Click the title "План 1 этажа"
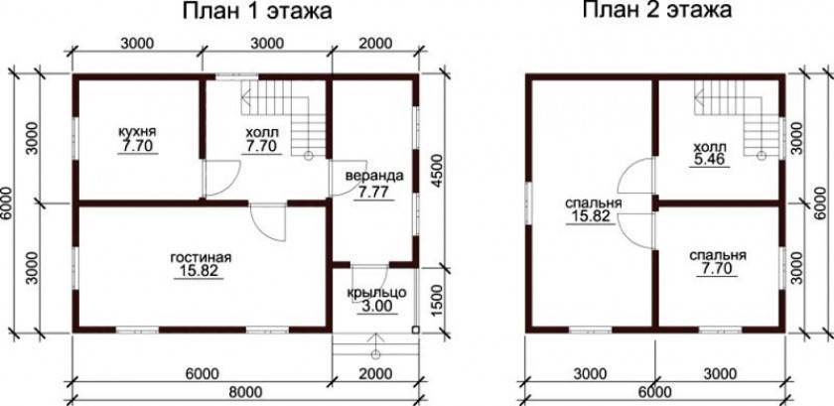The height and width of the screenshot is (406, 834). pos(257,11)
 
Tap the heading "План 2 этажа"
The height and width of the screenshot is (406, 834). pos(657,10)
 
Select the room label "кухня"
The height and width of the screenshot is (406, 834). pos(138,131)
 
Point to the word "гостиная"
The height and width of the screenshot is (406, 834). pos(200,257)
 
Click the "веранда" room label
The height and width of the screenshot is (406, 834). pos(374,176)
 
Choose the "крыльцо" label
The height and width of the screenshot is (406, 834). pos(376,293)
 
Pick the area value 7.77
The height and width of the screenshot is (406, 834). pos(374,193)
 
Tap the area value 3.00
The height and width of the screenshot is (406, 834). pos(376,307)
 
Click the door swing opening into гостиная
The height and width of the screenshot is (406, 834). pos(269,222)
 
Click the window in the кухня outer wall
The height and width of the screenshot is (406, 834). pos(75,138)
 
